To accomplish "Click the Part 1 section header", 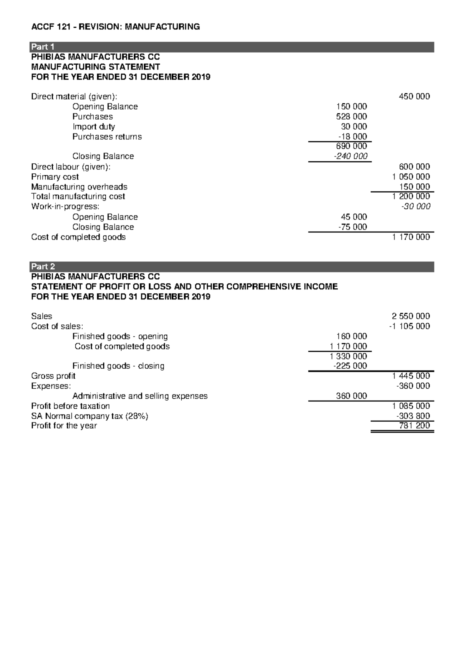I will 42,47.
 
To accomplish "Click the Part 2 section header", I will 43,267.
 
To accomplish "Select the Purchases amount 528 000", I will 351,116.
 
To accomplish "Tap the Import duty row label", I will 94,126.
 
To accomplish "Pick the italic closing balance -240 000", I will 350,156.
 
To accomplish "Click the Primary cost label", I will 55,177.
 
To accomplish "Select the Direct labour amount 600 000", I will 415,167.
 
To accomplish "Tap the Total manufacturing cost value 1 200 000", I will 411,196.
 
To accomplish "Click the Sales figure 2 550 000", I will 411,316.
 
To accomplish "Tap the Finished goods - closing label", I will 118,366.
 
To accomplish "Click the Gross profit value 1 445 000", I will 411,376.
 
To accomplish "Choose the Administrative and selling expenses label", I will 140,396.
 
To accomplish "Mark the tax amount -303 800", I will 413,416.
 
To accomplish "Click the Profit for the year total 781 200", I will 415,426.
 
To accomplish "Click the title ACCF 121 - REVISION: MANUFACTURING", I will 115,27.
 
